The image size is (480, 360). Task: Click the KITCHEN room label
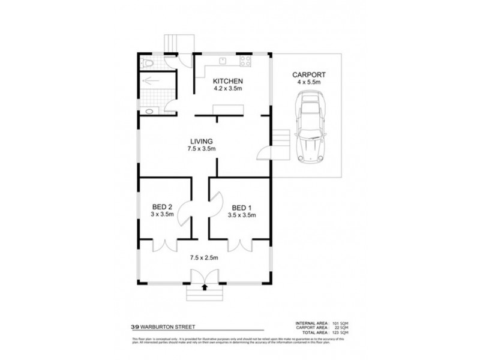(x=227, y=80)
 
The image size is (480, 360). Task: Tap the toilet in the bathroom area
(x=148, y=62)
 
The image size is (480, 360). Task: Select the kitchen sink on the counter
(x=221, y=61)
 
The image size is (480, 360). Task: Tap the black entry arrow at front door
(x=206, y=287)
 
